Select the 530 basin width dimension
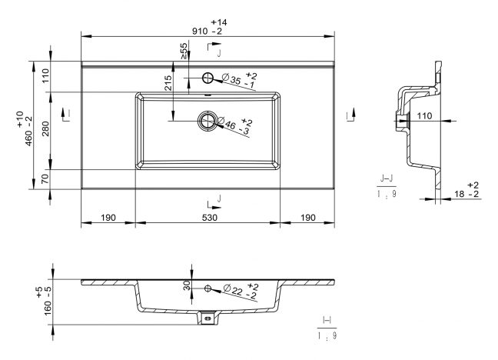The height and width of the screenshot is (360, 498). (210, 218)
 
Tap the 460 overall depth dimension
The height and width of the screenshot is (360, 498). (28, 131)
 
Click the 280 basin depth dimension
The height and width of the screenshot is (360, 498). (46, 128)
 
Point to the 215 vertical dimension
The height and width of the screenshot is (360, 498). (168, 82)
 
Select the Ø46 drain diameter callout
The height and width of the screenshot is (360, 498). (234, 125)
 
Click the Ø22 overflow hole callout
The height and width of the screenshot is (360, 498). (241, 291)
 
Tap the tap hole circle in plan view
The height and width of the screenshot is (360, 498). (208, 78)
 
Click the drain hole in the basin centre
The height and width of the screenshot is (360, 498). (208, 121)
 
